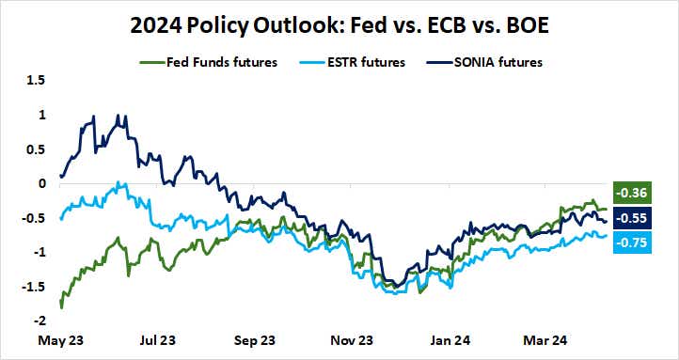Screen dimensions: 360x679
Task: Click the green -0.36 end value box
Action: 627,194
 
